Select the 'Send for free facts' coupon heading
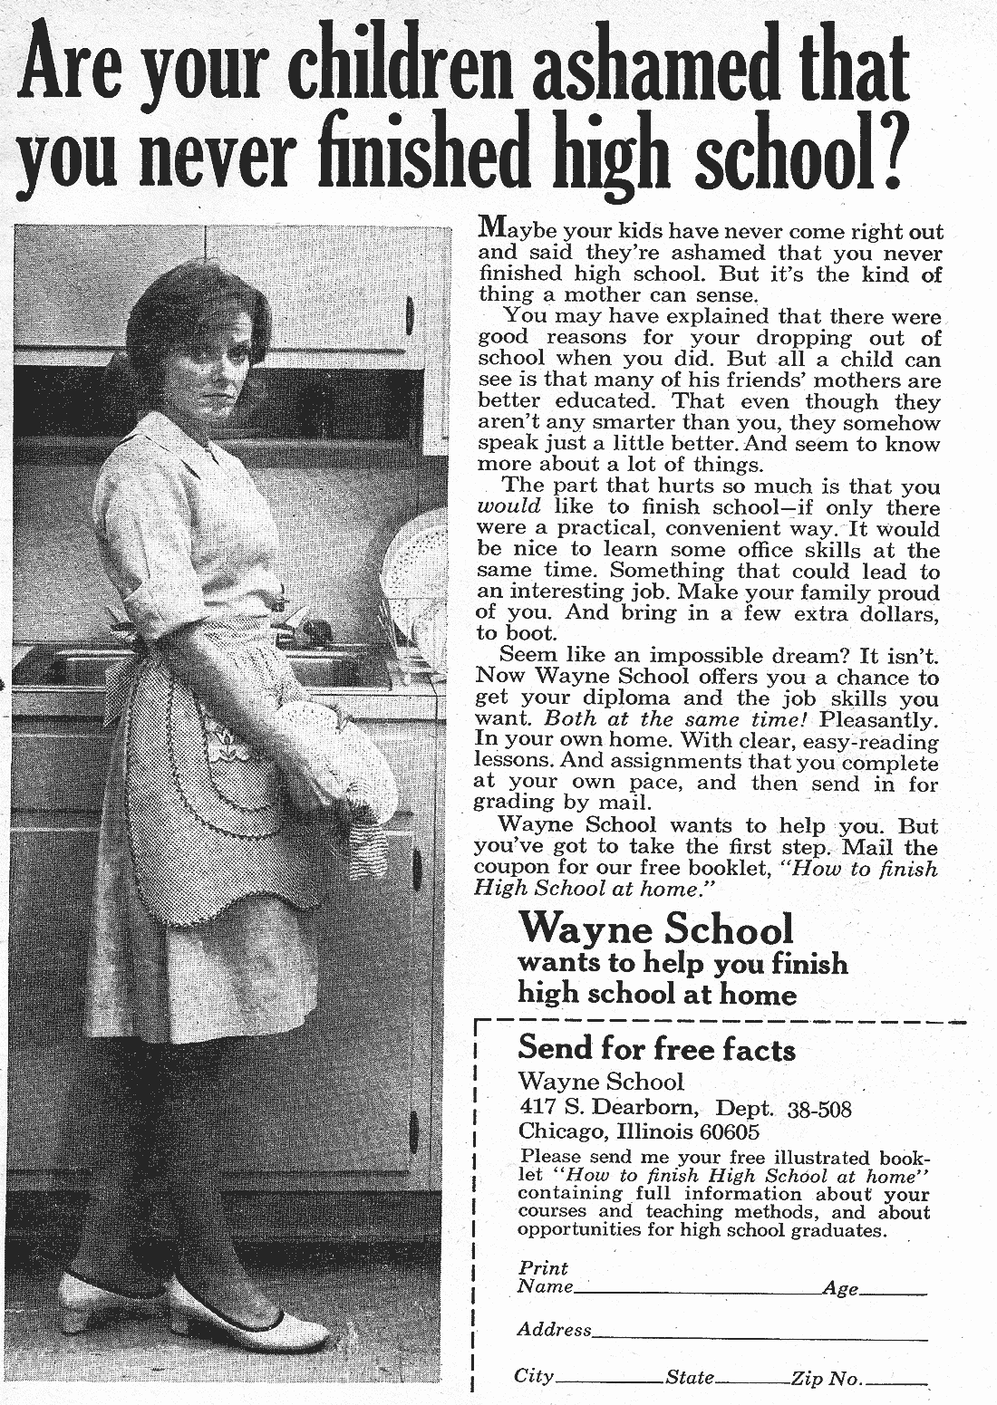[x=656, y=1048]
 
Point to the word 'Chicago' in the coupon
[x=563, y=1131]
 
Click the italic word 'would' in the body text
[x=508, y=507]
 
